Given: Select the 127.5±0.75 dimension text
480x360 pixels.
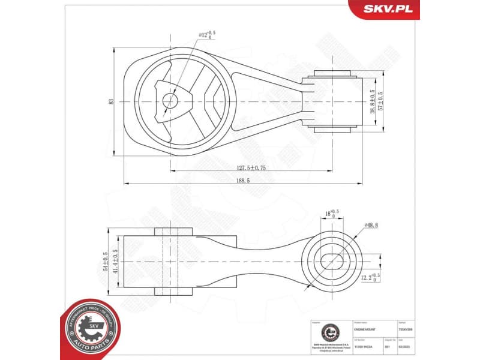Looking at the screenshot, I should (242, 167).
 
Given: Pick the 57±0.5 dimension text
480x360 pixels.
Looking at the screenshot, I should (380, 101).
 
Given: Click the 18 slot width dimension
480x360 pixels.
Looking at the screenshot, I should (331, 213).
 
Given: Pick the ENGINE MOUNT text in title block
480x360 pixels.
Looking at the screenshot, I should (366, 329).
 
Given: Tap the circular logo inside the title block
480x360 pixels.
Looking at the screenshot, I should (329, 332).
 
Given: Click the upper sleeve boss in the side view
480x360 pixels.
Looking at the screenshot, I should (173, 232).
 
